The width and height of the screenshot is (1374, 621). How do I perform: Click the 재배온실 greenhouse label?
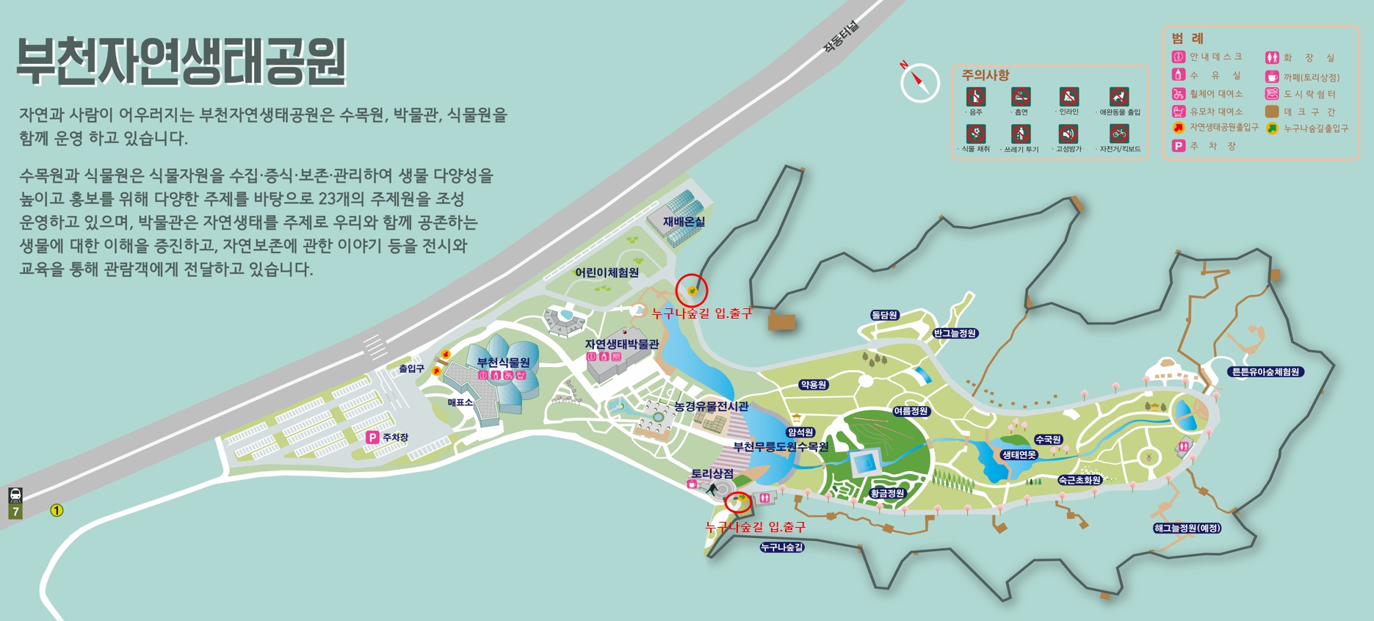coord(683,222)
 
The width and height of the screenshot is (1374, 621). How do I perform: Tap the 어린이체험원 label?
coord(607,272)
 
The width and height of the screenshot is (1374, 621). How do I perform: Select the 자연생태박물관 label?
coord(621,344)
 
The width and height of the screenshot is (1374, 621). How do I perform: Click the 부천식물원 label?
coord(503,363)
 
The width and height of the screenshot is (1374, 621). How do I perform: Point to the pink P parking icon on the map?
coord(372,437)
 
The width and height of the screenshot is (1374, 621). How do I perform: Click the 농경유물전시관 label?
coord(711,406)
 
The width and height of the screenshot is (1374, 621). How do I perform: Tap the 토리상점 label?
coord(712,473)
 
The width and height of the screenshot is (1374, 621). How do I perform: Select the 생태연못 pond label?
coord(1019,455)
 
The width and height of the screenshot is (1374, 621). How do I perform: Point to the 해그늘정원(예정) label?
coord(1187,528)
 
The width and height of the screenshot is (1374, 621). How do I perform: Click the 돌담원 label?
coord(884,315)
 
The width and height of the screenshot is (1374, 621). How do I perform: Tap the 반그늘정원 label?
coord(955,333)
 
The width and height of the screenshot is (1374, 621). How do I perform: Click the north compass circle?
coord(920,82)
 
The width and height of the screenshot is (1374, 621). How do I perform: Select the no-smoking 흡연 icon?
coord(1021,96)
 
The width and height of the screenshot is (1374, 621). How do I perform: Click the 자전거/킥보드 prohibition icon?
coord(1119,134)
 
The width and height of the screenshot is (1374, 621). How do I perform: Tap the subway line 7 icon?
coord(15,503)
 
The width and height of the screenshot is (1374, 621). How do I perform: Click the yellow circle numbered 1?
coord(57,510)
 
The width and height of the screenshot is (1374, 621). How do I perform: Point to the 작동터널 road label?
coord(841,36)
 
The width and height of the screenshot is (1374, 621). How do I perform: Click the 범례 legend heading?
coord(1187,39)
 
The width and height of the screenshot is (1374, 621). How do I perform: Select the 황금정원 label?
coord(887,493)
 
